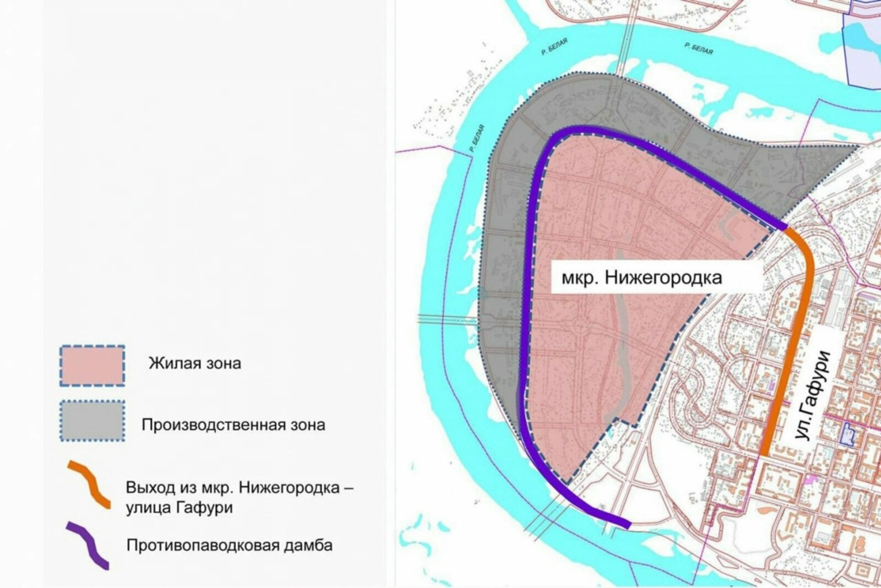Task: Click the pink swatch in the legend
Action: coord(92,366)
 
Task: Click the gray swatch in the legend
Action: coord(92,421)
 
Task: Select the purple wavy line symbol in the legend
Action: coord(88,545)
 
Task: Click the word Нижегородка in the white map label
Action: coord(663,277)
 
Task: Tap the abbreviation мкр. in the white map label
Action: coord(580,277)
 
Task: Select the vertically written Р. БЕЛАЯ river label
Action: coord(477,139)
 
